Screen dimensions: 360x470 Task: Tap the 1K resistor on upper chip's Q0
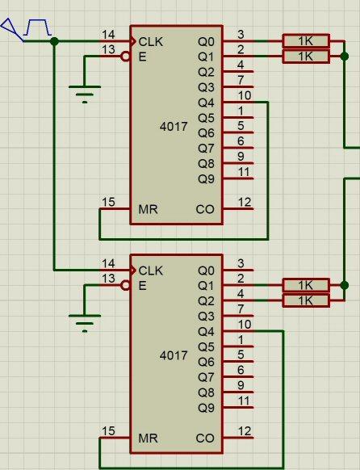point(306,41)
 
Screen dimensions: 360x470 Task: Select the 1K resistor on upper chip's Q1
point(306,57)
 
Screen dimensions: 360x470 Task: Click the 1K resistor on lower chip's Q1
point(306,285)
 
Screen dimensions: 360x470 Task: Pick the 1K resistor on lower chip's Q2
point(306,300)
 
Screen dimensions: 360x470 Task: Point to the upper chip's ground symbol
point(85,94)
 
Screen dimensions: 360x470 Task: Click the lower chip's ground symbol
point(85,323)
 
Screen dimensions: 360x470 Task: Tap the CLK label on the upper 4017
point(151,42)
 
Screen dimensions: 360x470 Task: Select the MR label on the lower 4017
point(148,439)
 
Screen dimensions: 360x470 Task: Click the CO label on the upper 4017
point(205,209)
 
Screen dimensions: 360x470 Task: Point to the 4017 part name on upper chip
point(174,127)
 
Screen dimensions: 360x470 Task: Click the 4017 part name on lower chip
point(174,355)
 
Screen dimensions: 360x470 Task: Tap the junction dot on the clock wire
point(54,41)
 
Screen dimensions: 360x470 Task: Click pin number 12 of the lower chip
point(245,431)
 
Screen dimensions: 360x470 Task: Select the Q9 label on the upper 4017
point(206,179)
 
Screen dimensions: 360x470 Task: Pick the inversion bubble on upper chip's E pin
point(125,57)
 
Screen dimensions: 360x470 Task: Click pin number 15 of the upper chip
point(108,202)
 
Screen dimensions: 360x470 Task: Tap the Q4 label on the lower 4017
point(206,332)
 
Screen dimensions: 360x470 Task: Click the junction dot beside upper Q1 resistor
point(345,56)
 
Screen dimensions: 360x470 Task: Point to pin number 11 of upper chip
point(244,172)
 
